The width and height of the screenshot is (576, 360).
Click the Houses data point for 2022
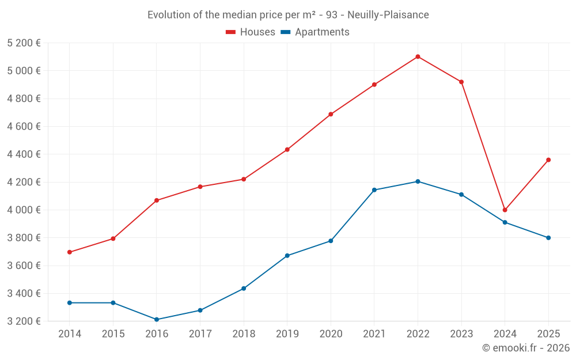[x=418, y=56]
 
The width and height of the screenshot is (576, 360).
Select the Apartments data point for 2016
[x=157, y=320]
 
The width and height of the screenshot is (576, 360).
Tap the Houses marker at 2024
[x=505, y=210]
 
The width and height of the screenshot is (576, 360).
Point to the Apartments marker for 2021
[x=374, y=190]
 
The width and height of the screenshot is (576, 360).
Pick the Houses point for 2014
[x=70, y=252]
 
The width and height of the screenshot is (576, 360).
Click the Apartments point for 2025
[x=548, y=238]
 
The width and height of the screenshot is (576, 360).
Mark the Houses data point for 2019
[x=287, y=150]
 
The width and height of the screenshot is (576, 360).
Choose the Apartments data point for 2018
[x=244, y=289]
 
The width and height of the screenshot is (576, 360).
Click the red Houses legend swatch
[x=231, y=32]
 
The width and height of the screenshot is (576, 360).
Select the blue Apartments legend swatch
[x=286, y=32]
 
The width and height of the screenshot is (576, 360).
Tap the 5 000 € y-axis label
[x=24, y=71]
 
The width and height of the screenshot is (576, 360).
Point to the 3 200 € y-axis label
[x=24, y=321]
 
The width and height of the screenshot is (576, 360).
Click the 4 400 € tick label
[x=24, y=154]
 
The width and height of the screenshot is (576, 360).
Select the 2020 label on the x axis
[x=331, y=334]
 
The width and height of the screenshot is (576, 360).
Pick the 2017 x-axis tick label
[x=200, y=334]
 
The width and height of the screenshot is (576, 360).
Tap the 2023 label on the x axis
[x=461, y=334]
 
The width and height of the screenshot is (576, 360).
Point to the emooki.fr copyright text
[x=526, y=348]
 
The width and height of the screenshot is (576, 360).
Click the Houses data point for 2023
[x=461, y=82]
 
